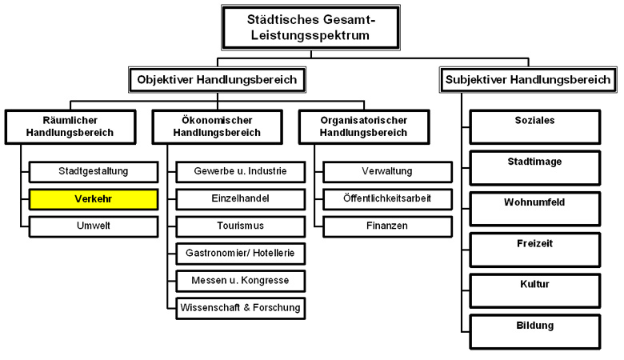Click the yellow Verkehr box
94,198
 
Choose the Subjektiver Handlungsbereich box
528,79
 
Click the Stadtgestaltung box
94,171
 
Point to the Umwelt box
94,226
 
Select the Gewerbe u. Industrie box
240,171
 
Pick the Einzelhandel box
240,198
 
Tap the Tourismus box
240,226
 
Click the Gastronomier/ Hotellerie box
240,253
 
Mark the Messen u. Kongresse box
240,280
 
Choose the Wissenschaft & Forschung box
240,307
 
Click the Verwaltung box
386,171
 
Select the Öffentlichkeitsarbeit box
386,198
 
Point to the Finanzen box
386,226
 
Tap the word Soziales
535,120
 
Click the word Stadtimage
535,161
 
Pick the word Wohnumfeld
535,202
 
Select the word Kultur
535,283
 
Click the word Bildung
535,325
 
